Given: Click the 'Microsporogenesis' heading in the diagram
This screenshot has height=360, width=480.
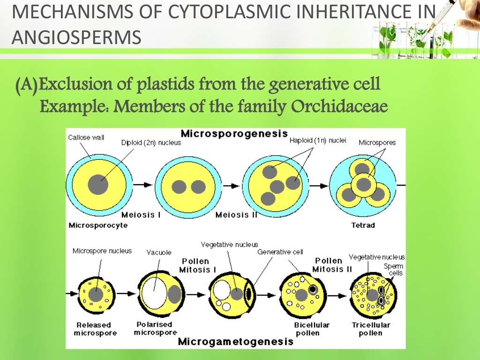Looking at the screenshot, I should click(x=234, y=134).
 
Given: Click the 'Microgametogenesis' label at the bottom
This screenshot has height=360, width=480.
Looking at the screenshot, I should click(x=235, y=341).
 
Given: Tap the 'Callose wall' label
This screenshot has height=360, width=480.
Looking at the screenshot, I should click(x=86, y=137).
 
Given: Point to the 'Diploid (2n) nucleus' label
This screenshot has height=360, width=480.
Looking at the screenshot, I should click(x=151, y=142).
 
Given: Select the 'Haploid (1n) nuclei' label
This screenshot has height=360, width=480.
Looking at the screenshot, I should click(x=317, y=140).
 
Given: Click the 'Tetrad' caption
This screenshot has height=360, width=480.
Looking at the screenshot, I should click(x=363, y=225).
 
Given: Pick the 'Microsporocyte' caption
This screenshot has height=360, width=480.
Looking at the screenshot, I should click(x=98, y=225).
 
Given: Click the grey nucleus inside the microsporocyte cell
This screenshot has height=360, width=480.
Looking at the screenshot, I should click(x=98, y=184).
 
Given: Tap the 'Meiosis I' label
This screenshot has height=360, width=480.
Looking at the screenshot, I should click(x=141, y=215).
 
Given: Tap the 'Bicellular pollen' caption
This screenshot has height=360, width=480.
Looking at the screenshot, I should click(x=312, y=329).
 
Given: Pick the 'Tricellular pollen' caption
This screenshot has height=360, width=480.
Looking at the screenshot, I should click(x=371, y=329).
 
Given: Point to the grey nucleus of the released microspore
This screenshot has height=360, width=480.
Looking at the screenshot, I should click(x=96, y=294).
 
